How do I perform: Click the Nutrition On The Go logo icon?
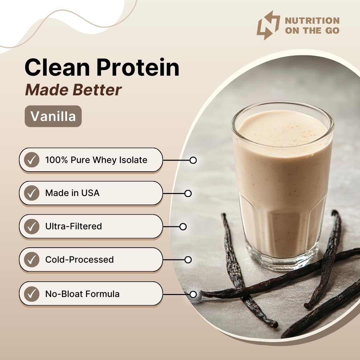tap(268, 25)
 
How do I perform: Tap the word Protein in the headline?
tap(138, 67)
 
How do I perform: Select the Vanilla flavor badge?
tap(53, 116)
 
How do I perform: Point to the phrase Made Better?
tap(73, 90)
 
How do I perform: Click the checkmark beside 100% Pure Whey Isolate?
tap(32, 160)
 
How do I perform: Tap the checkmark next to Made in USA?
tap(32, 193)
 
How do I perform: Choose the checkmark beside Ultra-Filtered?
tap(32, 226)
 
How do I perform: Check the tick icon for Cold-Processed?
tap(32, 260)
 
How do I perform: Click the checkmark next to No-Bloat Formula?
tap(32, 294)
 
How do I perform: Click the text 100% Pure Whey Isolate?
tap(96, 160)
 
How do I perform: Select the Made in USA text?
tap(72, 193)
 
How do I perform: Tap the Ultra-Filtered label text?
tap(73, 226)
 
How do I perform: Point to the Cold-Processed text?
tap(79, 260)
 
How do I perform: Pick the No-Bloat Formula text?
tap(82, 294)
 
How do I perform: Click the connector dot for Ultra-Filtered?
tap(183, 227)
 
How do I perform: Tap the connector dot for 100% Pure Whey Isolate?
tap(193, 160)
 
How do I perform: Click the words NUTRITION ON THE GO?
tap(312, 26)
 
